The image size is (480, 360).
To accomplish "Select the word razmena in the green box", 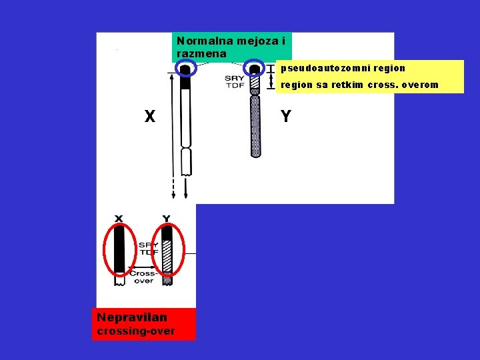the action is pyautogui.click(x=201, y=53).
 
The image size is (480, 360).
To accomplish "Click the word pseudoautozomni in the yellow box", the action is pyautogui.click(x=325, y=68).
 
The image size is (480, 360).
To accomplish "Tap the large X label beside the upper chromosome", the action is pyautogui.click(x=150, y=117).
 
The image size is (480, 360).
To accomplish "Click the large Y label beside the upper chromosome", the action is pyautogui.click(x=286, y=117).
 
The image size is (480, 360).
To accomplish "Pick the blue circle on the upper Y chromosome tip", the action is pyautogui.click(x=254, y=68).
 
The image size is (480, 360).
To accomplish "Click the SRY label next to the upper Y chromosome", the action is pyautogui.click(x=235, y=78).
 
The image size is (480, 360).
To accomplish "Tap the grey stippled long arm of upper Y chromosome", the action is pyautogui.click(x=255, y=127).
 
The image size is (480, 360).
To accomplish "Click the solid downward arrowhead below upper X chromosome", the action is pyautogui.click(x=186, y=195).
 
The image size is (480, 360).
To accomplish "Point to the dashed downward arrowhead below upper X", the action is pyautogui.click(x=173, y=195).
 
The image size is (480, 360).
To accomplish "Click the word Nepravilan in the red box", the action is pyautogui.click(x=132, y=318).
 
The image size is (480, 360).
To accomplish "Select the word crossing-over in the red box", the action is pyautogui.click(x=136, y=331).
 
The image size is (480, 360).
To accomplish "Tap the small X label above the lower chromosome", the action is pyautogui.click(x=119, y=218).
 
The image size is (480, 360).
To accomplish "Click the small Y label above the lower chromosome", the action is pyautogui.click(x=166, y=218).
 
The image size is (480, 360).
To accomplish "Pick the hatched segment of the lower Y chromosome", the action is pyautogui.click(x=167, y=257).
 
